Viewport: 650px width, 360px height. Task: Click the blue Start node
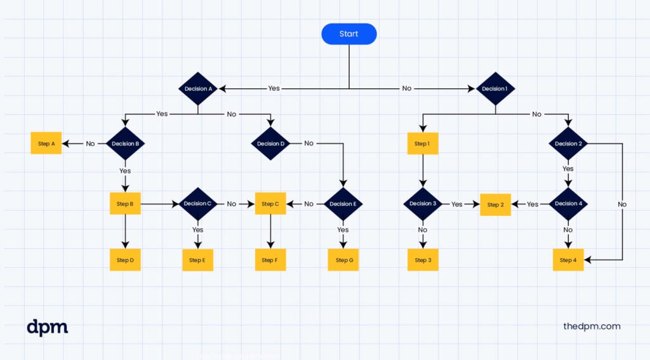click(x=349, y=34)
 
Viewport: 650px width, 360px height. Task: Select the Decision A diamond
click(x=198, y=89)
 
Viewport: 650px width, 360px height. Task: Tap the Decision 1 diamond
click(x=495, y=89)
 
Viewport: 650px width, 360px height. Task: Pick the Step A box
click(x=46, y=143)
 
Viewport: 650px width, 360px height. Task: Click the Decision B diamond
click(x=125, y=143)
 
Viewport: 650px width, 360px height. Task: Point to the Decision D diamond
click(x=270, y=143)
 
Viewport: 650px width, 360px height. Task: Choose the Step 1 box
click(x=423, y=143)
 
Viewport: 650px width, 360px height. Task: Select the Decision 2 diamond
click(x=568, y=143)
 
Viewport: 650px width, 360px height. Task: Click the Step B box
click(x=125, y=204)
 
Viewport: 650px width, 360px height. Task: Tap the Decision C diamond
click(x=198, y=204)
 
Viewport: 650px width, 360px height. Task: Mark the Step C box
click(x=270, y=204)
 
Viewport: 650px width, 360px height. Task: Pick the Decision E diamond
click(x=343, y=204)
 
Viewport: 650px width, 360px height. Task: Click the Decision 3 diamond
click(x=423, y=204)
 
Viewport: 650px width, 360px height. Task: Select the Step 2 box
click(x=495, y=204)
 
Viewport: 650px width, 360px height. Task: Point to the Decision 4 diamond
click(x=568, y=204)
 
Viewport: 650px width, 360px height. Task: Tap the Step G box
click(x=343, y=260)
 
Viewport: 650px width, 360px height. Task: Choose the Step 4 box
click(x=568, y=260)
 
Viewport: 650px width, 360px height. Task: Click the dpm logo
click(x=47, y=327)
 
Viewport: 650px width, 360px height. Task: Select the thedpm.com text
click(x=592, y=326)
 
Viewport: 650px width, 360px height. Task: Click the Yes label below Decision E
click(x=343, y=230)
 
